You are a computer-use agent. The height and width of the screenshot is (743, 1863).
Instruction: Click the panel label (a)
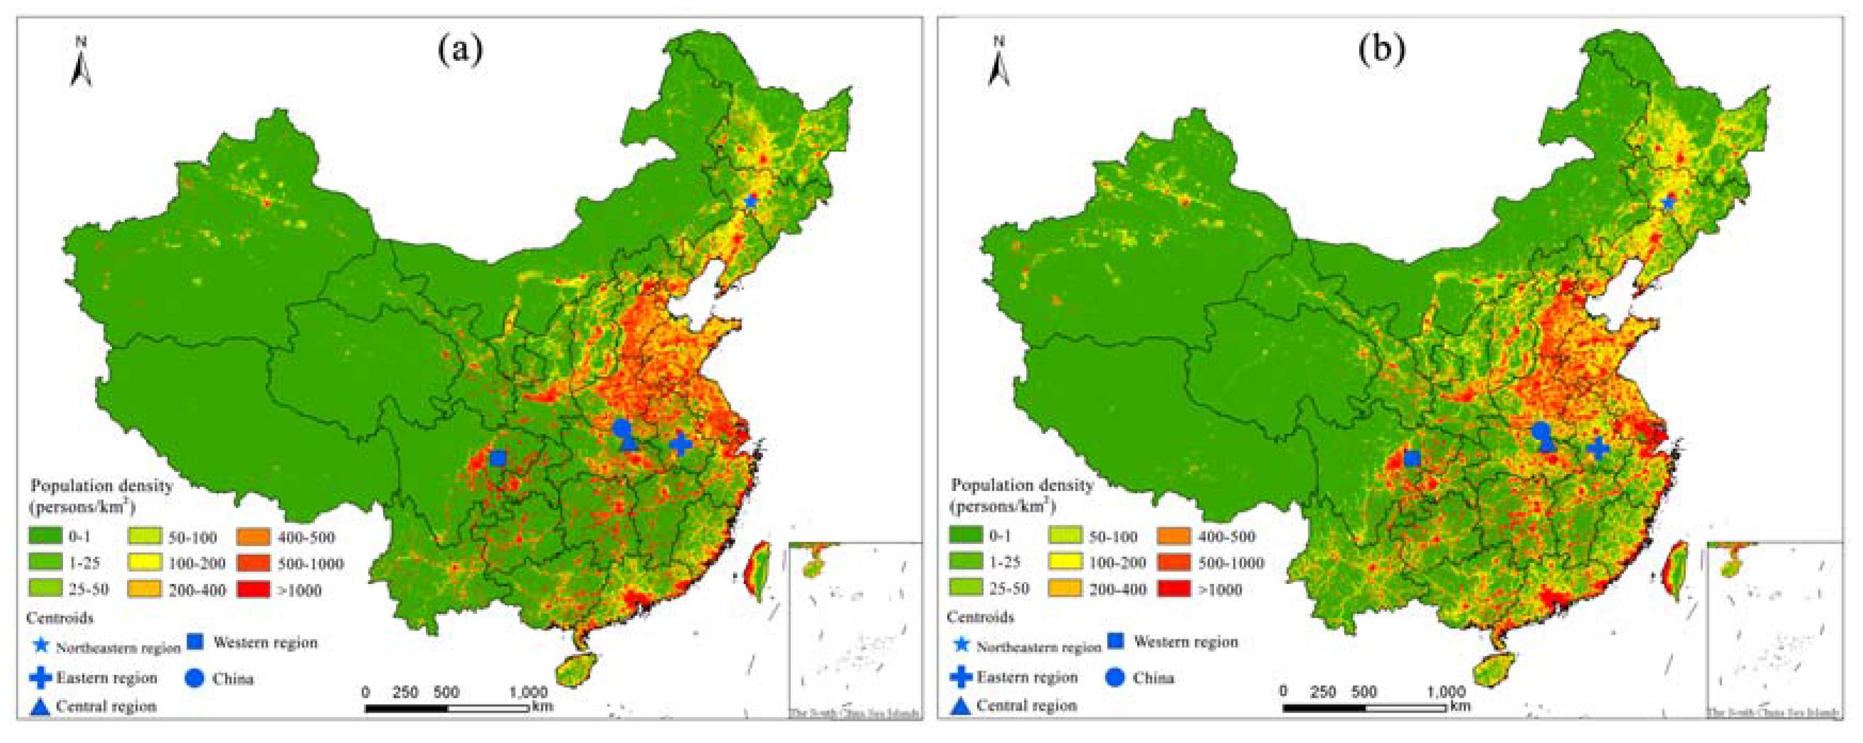click(x=460, y=51)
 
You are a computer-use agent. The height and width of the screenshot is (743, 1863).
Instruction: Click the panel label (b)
click(x=1381, y=51)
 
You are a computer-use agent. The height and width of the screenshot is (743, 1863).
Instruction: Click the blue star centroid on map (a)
click(x=751, y=201)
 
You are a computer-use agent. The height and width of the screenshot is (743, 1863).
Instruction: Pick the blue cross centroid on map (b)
click(x=1598, y=448)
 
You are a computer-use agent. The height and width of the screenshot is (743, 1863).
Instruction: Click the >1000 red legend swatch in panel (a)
click(x=254, y=590)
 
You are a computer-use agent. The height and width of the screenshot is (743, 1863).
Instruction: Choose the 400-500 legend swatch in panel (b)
click(x=1175, y=536)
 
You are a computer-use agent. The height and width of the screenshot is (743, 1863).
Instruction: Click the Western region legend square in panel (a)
click(x=195, y=642)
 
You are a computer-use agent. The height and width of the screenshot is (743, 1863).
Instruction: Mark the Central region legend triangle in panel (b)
click(x=961, y=705)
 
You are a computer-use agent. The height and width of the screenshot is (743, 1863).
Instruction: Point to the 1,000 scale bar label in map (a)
click(x=529, y=692)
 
